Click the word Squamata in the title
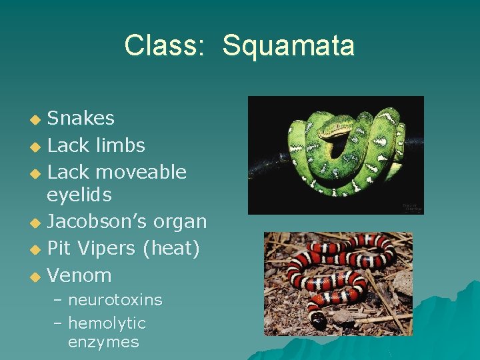(288, 46)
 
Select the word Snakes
(81, 119)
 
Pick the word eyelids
(79, 195)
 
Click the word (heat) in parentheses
(170, 249)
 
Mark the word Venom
(79, 275)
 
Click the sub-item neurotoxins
(115, 300)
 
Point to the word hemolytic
(107, 323)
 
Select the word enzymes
(103, 343)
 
